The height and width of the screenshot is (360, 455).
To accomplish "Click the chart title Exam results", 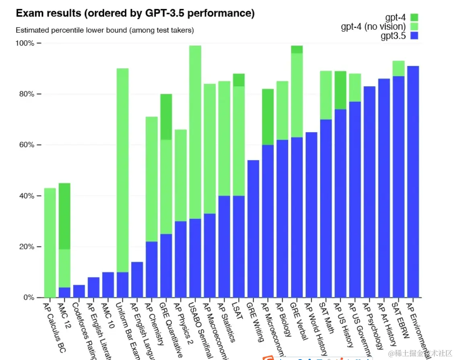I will tap(135, 13).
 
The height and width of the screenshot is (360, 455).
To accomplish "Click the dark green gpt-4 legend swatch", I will tap(414, 17).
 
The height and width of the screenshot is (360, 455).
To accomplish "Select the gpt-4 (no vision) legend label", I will tap(373, 27).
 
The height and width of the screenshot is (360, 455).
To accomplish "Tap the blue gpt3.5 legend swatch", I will tap(414, 36).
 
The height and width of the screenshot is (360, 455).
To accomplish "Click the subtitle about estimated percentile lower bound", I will tap(105, 30).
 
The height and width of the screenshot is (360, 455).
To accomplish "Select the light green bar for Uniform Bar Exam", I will tap(122, 169).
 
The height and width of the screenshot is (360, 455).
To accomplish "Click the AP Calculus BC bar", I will tap(50, 242).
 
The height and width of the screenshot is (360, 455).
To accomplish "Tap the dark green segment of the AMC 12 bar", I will tap(64, 216).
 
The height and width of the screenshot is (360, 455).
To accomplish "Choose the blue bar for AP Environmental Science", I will tap(413, 181).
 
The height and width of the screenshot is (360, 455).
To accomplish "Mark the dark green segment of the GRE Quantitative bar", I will tap(166, 117).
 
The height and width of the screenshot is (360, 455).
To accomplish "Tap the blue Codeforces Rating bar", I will tap(79, 291).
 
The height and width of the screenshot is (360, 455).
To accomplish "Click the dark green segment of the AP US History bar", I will tap(340, 90).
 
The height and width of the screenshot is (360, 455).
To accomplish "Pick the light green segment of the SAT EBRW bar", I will tap(398, 68).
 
